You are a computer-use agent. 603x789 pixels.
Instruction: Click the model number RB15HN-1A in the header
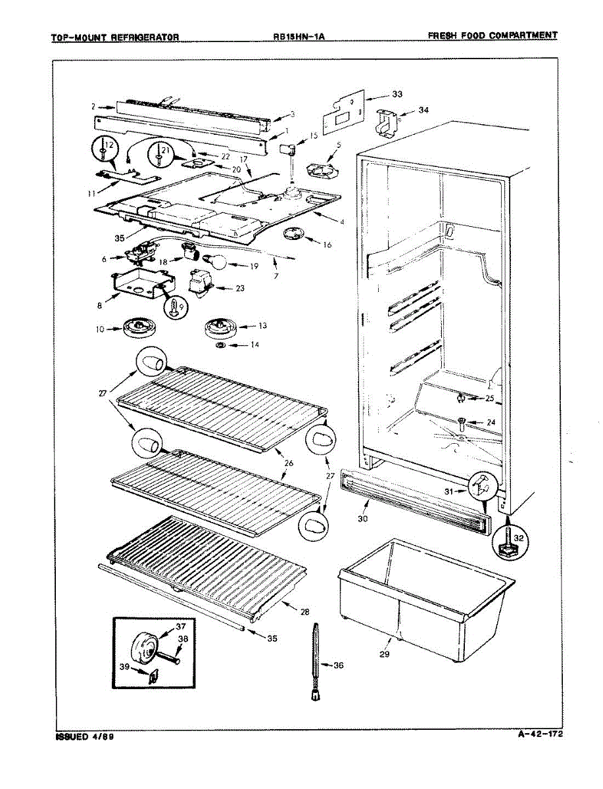tap(299, 37)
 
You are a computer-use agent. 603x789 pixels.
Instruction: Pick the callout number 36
tap(338, 665)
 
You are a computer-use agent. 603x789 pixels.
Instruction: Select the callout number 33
tap(397, 95)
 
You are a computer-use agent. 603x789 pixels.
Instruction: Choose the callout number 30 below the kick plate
tap(362, 518)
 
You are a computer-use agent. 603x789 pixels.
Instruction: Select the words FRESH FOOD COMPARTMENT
tap(493, 36)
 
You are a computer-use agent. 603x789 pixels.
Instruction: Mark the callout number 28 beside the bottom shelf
tap(304, 612)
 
